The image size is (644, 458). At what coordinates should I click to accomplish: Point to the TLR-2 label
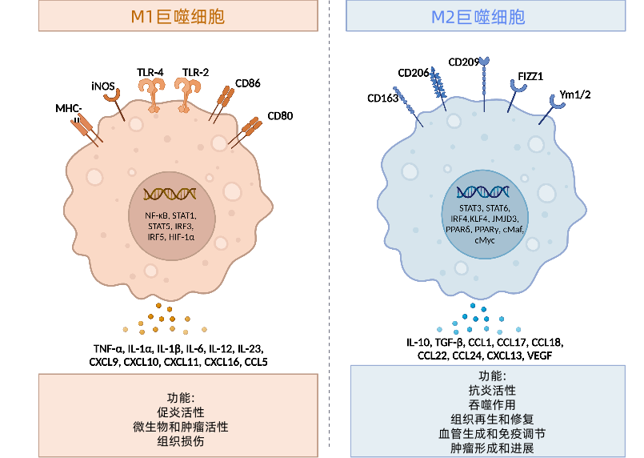195,73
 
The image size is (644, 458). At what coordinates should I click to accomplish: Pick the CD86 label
248,82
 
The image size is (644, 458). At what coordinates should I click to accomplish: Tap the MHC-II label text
70,113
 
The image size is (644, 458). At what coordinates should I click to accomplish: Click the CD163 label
382,98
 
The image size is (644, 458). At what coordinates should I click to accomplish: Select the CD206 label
414,74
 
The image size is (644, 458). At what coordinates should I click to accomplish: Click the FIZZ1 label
530,77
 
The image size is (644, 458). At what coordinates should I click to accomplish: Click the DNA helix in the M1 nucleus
170,194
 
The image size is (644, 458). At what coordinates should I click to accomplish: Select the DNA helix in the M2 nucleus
484,191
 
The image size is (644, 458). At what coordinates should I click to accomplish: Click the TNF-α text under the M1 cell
108,348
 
